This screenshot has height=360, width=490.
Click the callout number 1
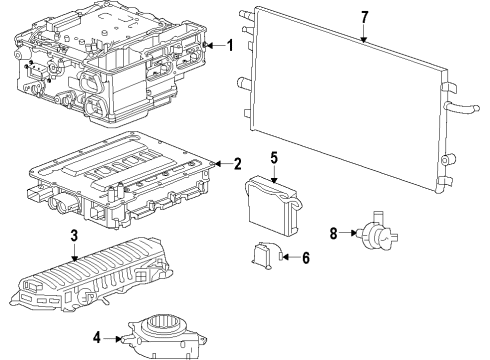click(x=229, y=45)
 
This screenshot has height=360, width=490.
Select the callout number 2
click(x=237, y=164)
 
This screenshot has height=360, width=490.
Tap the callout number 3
click(x=73, y=235)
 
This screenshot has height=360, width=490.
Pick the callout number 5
click(x=274, y=157)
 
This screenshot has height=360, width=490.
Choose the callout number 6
click(x=306, y=257)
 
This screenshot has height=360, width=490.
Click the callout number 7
click(x=364, y=17)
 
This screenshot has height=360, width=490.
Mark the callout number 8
click(x=333, y=235)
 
